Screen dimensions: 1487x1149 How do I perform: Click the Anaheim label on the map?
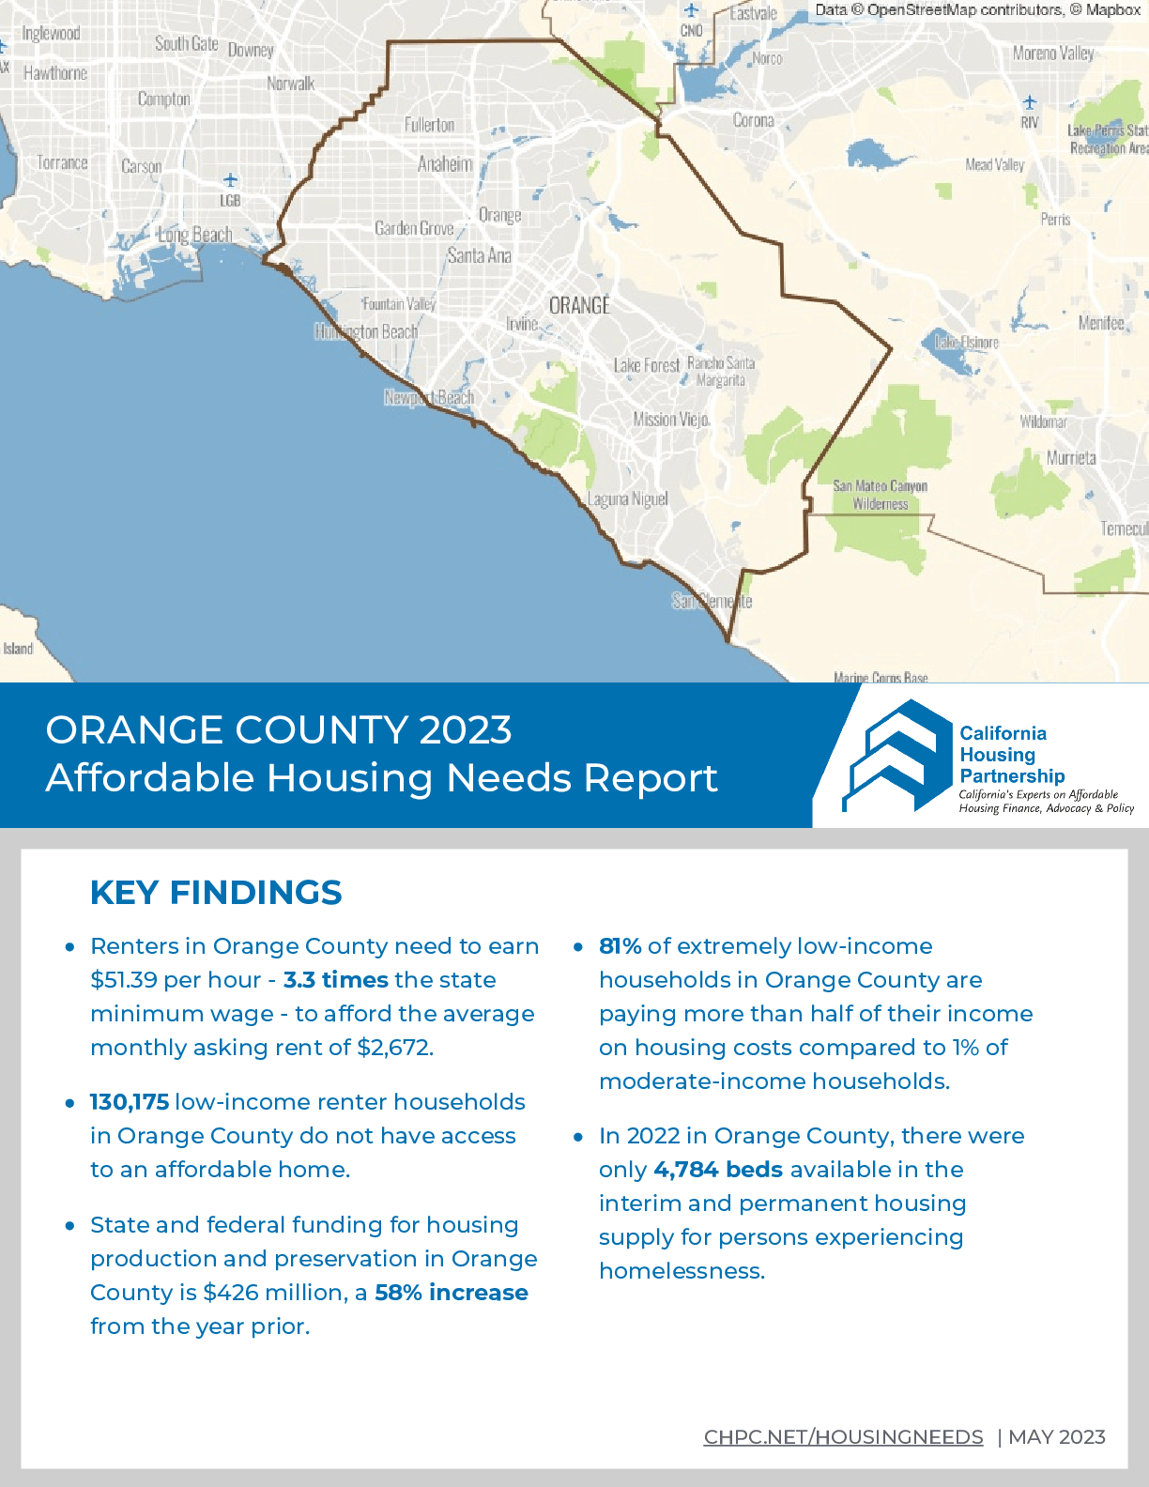445,164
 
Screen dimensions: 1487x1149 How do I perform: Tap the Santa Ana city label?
479,255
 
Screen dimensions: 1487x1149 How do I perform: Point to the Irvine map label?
522,324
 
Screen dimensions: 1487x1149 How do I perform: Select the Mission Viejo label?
670,420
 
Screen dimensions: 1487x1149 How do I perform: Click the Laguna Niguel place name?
628,498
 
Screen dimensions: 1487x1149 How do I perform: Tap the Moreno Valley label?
1052,54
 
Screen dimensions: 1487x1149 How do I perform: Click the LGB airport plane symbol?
230,180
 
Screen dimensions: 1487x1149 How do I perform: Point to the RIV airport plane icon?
1030,101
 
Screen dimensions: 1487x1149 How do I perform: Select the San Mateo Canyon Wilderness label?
880,495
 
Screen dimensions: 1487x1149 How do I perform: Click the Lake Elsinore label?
967,343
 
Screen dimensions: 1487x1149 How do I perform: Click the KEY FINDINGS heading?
216,893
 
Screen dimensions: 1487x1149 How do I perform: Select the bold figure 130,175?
129,1102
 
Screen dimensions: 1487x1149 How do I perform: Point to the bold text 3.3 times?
335,980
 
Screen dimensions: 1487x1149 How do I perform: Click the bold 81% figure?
620,946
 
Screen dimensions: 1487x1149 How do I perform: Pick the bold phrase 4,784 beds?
718,1170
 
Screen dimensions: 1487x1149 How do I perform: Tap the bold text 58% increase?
451,1293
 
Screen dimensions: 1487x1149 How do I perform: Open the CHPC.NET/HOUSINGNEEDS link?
843,1437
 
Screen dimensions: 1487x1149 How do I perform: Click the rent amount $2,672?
394,1048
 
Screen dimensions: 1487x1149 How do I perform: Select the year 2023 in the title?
465,730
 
